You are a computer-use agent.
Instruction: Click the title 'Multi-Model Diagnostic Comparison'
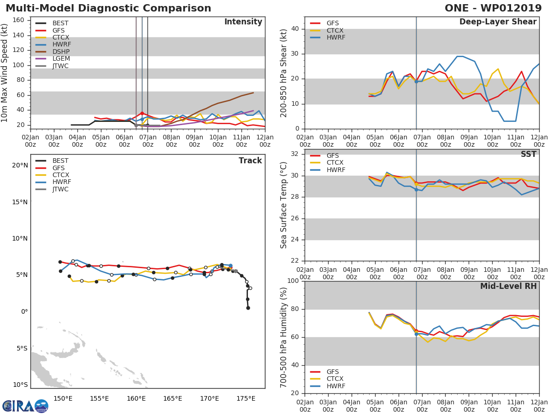tap(108, 8)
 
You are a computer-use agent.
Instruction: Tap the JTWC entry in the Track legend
tap(60, 189)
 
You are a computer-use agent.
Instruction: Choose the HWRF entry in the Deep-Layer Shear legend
tap(335, 37)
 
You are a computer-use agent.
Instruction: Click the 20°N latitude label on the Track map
tap(20, 166)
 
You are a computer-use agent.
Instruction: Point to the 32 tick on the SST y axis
tap(294, 154)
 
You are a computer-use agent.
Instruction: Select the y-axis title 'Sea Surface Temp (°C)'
tap(284, 205)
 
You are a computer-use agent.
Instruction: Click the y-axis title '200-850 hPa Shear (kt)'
tap(284, 73)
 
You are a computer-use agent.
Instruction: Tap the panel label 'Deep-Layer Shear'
tap(498, 22)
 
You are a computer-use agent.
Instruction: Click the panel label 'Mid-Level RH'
tap(508, 286)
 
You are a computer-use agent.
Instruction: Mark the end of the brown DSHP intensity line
tap(253, 92)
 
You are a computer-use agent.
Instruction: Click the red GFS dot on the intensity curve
tap(142, 113)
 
